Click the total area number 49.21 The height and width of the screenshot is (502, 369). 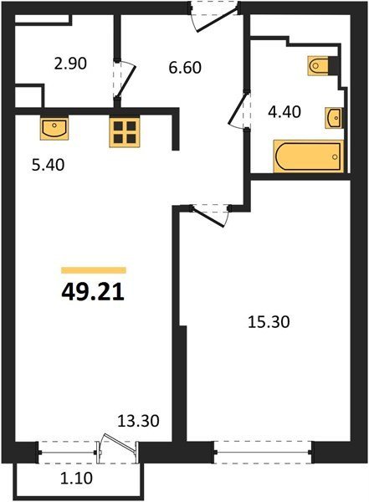(93, 293)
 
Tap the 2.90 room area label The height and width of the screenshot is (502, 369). (70, 64)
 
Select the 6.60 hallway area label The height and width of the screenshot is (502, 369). (185, 68)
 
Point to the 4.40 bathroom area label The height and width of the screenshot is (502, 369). (284, 112)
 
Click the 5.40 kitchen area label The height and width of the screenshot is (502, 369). (48, 165)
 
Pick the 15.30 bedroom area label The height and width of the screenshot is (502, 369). (269, 322)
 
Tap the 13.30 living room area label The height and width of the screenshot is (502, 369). (138, 421)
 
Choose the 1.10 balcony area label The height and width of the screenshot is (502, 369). (76, 479)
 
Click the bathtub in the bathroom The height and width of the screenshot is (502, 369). (309, 156)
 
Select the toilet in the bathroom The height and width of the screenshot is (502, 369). (319, 65)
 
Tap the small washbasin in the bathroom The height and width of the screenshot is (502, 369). (333, 118)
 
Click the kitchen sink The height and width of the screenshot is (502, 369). (54, 128)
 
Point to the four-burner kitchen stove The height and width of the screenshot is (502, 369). (125, 132)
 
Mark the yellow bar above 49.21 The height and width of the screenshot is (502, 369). (94, 270)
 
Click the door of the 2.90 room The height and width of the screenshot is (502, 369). (125, 79)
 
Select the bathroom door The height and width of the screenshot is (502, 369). (238, 110)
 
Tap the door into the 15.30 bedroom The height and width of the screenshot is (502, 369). (210, 214)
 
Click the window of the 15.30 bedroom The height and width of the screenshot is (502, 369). (263, 452)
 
